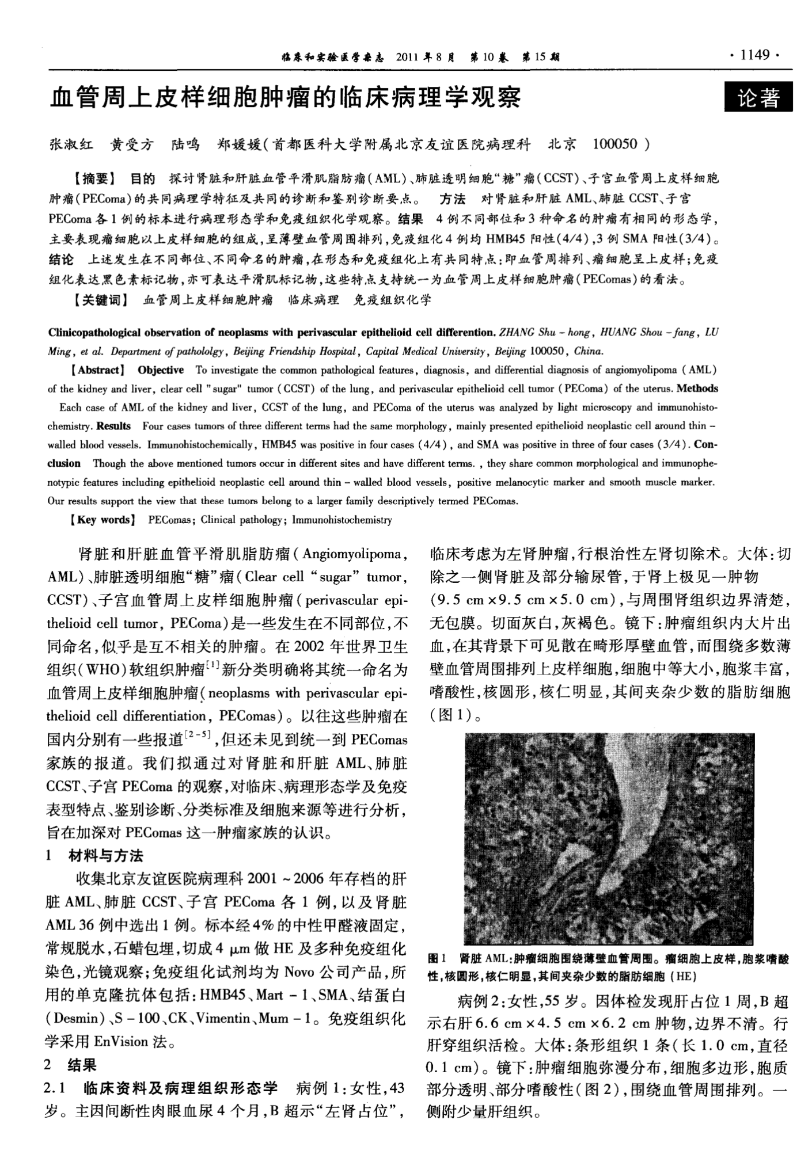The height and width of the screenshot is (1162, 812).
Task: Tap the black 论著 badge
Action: pos(758,98)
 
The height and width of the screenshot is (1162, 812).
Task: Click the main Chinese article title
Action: pos(286,97)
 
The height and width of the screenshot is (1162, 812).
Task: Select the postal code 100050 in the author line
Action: pos(614,144)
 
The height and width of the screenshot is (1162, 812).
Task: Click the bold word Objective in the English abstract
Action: pos(161,370)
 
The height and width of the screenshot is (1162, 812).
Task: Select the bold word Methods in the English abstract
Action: pos(697,388)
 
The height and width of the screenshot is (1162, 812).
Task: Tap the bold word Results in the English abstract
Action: pos(113,426)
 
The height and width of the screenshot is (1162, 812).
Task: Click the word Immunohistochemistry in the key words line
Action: pos(342,520)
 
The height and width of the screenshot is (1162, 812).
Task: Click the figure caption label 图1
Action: pos(438,959)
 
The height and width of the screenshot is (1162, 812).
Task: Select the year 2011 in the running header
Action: pos(409,57)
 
